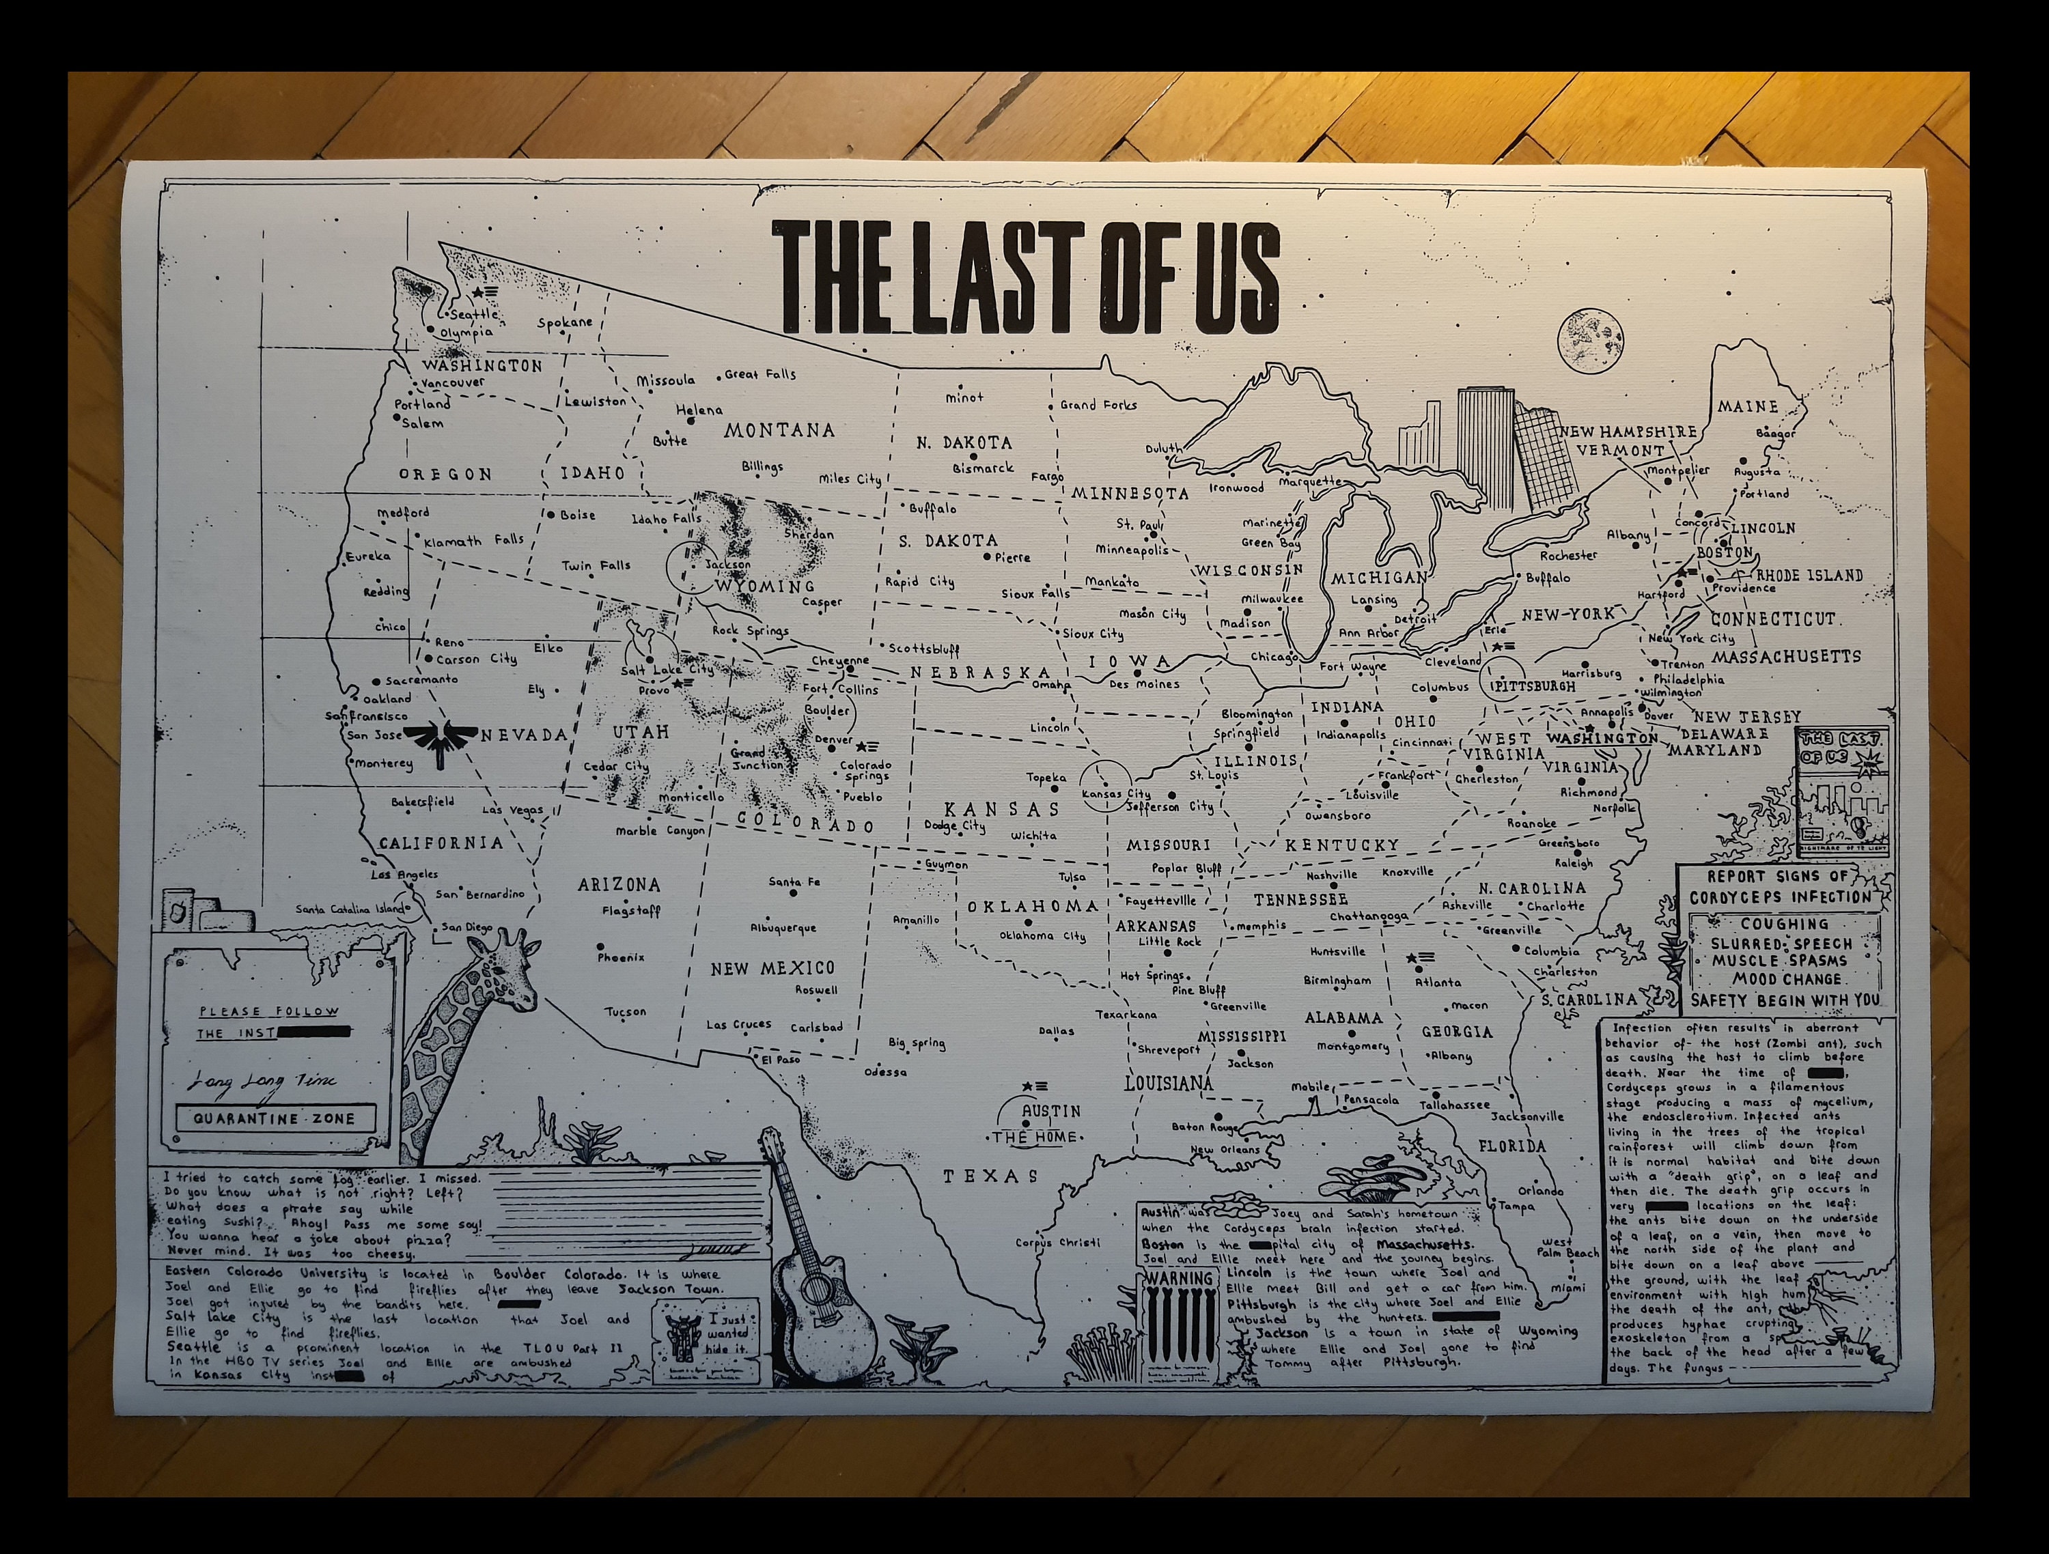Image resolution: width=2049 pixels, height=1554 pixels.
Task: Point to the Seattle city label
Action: click(x=473, y=314)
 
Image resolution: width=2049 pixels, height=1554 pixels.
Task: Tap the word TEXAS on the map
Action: click(x=990, y=1176)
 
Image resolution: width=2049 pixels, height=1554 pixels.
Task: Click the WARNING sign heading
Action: click(x=1179, y=1279)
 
